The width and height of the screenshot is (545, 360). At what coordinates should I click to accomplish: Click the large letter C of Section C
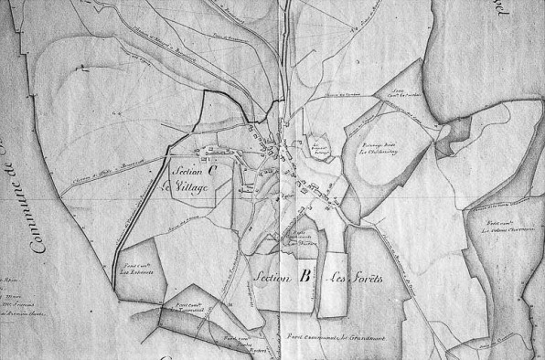211,169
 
